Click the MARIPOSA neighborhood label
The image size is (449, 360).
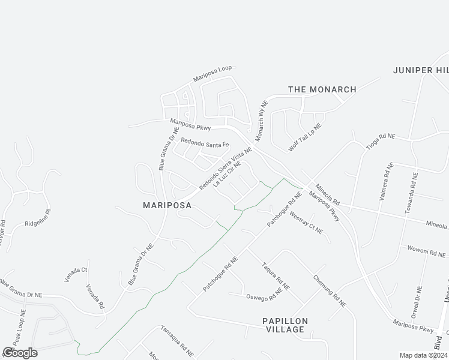pyautogui.click(x=167, y=205)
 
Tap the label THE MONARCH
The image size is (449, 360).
pyautogui.click(x=322, y=89)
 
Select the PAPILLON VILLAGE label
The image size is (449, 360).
pyautogui.click(x=285, y=326)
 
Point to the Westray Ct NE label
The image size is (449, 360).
pyautogui.click(x=306, y=222)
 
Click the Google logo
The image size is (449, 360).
pyautogui.click(x=20, y=352)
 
